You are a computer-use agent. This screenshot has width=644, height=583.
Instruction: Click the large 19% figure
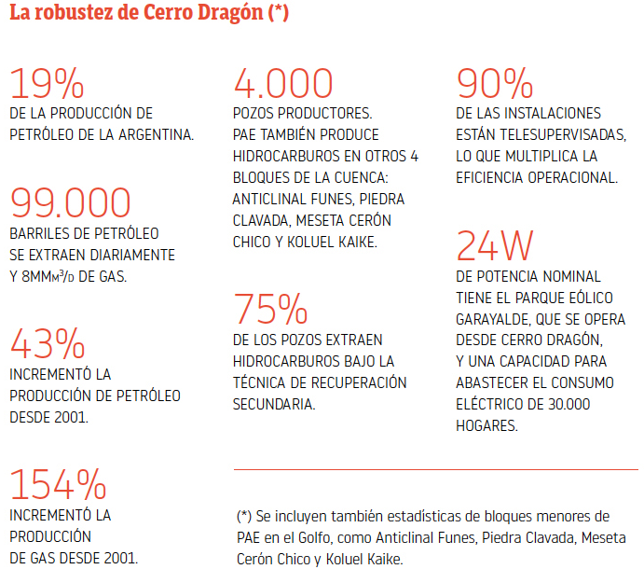point(47,85)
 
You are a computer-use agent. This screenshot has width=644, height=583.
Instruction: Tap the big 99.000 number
point(71,202)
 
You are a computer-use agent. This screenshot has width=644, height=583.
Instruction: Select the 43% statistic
point(47,345)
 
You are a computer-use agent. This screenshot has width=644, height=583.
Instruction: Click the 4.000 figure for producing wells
point(283,85)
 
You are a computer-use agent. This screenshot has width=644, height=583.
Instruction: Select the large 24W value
point(495,246)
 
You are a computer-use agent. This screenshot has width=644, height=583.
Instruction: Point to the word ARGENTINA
point(156,134)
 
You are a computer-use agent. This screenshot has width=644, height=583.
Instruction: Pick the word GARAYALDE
point(497,319)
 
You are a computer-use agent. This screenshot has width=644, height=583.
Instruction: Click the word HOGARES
point(486,425)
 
